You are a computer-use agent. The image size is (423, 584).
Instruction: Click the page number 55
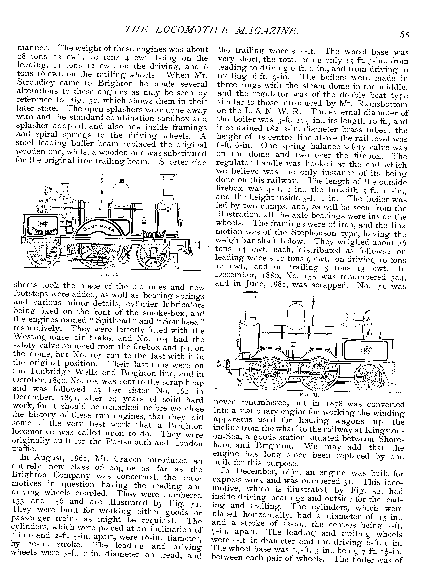pyautogui.click(x=405, y=35)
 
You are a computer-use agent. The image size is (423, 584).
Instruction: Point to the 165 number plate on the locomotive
pyautogui.click(x=43, y=223)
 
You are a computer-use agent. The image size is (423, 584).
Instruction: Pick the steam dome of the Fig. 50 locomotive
pyautogui.click(x=121, y=192)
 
